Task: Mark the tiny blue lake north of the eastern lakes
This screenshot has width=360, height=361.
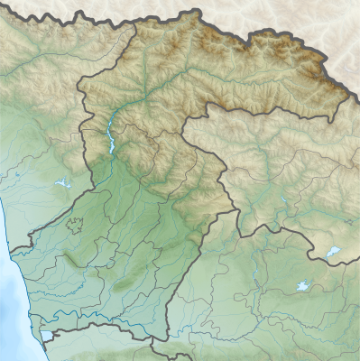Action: point(283,199)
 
